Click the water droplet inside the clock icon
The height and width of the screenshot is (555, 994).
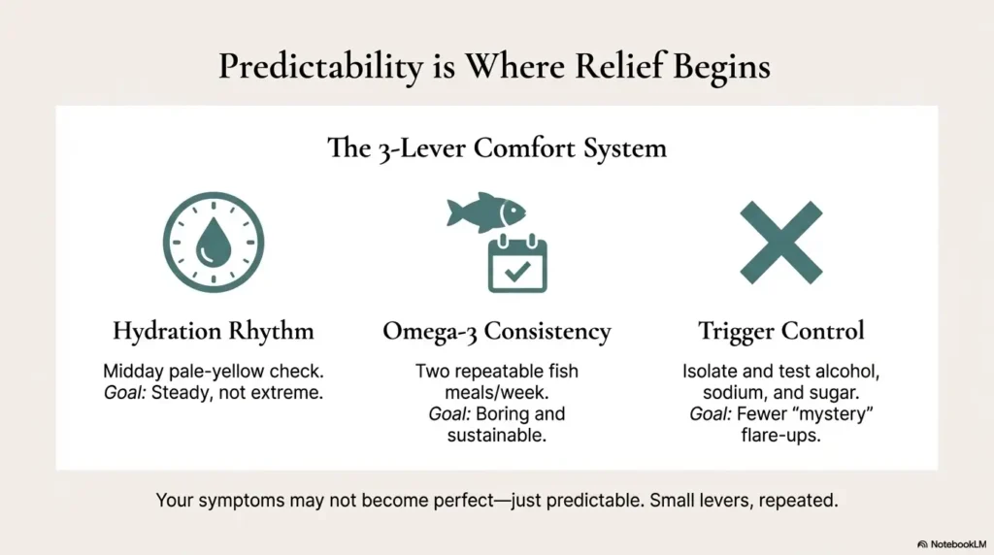[x=214, y=242]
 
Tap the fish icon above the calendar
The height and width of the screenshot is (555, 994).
[x=486, y=212]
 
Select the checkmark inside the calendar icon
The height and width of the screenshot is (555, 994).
[x=517, y=271]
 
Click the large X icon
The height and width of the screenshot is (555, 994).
[x=781, y=243]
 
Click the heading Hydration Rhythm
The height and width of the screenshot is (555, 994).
[x=214, y=331]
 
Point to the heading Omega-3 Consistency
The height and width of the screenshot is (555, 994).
[x=497, y=331]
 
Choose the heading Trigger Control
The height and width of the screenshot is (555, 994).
[x=781, y=331]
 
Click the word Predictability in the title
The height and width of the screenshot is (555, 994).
[x=320, y=67]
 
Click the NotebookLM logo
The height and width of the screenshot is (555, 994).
[x=951, y=544]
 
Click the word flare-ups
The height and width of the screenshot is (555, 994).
[x=781, y=436]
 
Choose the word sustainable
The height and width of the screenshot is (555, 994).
[x=496, y=436]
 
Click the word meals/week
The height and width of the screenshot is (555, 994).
[x=496, y=393]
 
